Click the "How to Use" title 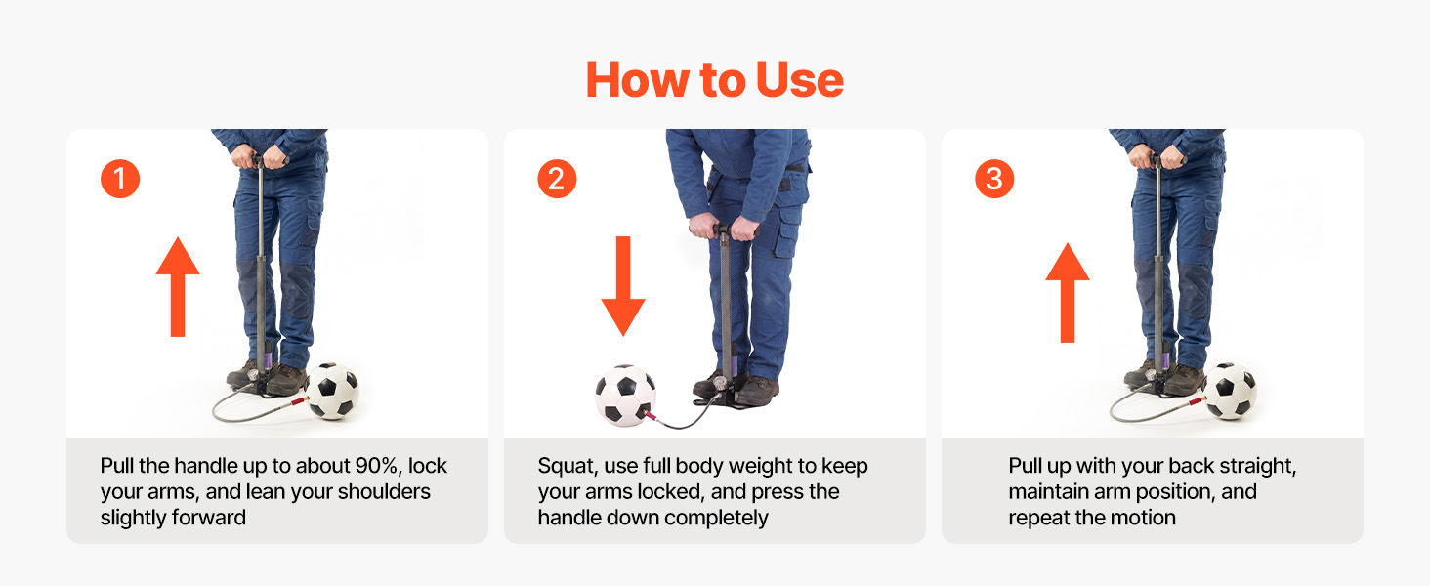714,80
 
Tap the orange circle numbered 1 120,179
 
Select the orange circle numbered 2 557,179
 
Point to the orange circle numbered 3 994,179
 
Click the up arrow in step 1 178,286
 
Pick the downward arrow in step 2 623,286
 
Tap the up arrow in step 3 1068,292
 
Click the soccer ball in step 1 332,391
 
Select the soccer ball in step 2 625,396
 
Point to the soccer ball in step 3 1229,391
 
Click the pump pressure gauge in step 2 721,384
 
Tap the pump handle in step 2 723,230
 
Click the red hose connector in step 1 298,400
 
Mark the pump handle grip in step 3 1157,158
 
